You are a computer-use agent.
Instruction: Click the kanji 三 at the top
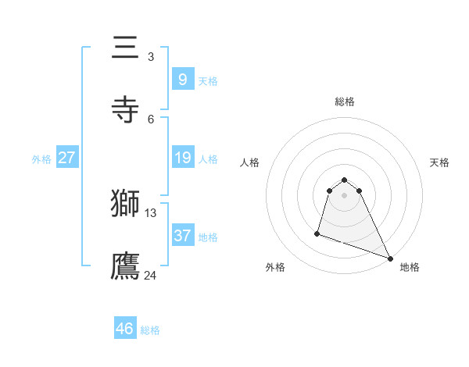126,48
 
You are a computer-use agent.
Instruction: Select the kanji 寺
126,109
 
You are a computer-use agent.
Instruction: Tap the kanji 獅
126,203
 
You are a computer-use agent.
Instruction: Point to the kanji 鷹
126,265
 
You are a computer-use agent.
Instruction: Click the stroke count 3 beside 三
151,57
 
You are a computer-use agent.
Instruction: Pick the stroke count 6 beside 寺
151,119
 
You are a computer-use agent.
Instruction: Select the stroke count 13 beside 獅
151,212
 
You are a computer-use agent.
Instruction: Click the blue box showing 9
182,79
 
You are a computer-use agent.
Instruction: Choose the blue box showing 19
182,158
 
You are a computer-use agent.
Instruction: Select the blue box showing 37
182,235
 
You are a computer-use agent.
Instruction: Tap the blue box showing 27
66,158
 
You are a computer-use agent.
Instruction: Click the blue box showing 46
124,329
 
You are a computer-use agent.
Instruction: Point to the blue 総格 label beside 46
150,330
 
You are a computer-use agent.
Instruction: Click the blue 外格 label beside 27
41,159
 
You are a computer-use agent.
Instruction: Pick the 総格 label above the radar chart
345,102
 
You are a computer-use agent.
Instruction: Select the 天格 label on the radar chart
439,162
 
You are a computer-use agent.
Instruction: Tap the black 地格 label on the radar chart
410,267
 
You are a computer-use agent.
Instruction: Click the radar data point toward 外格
317,233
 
